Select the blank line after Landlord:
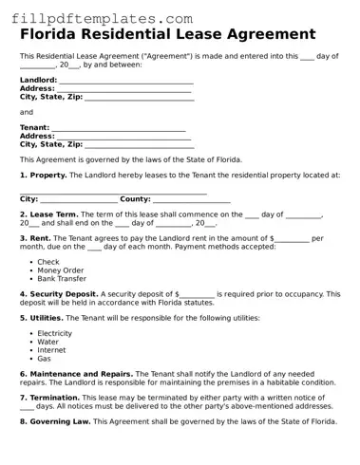[x=125, y=80]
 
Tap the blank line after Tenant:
[x=118, y=127]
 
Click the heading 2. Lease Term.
[x=49, y=215]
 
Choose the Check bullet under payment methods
[x=48, y=262]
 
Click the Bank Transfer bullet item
[x=62, y=279]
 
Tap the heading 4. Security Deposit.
[x=59, y=294]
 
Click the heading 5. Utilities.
[x=42, y=318]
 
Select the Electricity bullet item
[x=55, y=334]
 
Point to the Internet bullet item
[x=52, y=350]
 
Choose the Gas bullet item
[x=45, y=359]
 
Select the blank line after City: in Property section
[x=79, y=199]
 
